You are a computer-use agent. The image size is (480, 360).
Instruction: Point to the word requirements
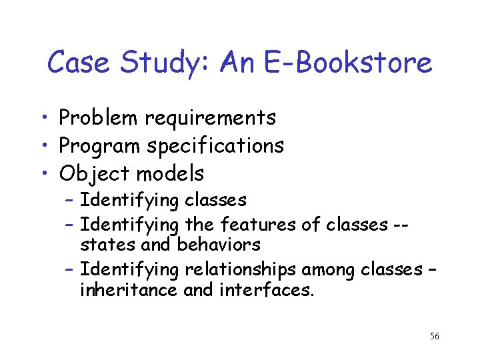pyautogui.click(x=211, y=119)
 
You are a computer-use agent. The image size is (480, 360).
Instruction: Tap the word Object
pyautogui.click(x=95, y=174)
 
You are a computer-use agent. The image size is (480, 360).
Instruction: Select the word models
pyautogui.click(x=171, y=174)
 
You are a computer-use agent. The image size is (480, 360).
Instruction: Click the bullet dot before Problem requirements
pyautogui.click(x=43, y=119)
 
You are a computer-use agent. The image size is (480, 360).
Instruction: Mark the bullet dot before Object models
pyautogui.click(x=43, y=175)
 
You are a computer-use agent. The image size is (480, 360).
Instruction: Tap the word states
pyautogui.click(x=103, y=245)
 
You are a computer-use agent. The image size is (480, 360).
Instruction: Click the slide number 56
pyautogui.click(x=434, y=336)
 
